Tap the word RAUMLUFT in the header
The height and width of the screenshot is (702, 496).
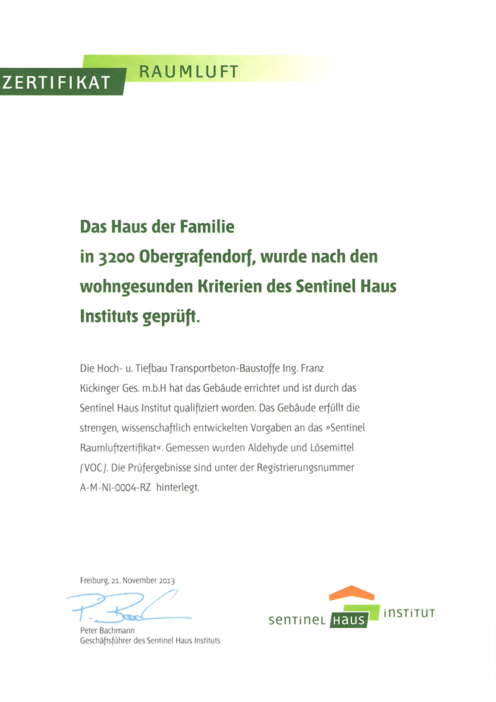pos(188,71)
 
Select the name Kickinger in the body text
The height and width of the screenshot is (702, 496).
pos(101,388)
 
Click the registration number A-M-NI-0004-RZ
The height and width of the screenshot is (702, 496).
pos(116,487)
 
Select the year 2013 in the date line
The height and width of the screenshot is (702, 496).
pos(166,581)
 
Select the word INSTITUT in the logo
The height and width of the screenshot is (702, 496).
pos(409,613)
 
